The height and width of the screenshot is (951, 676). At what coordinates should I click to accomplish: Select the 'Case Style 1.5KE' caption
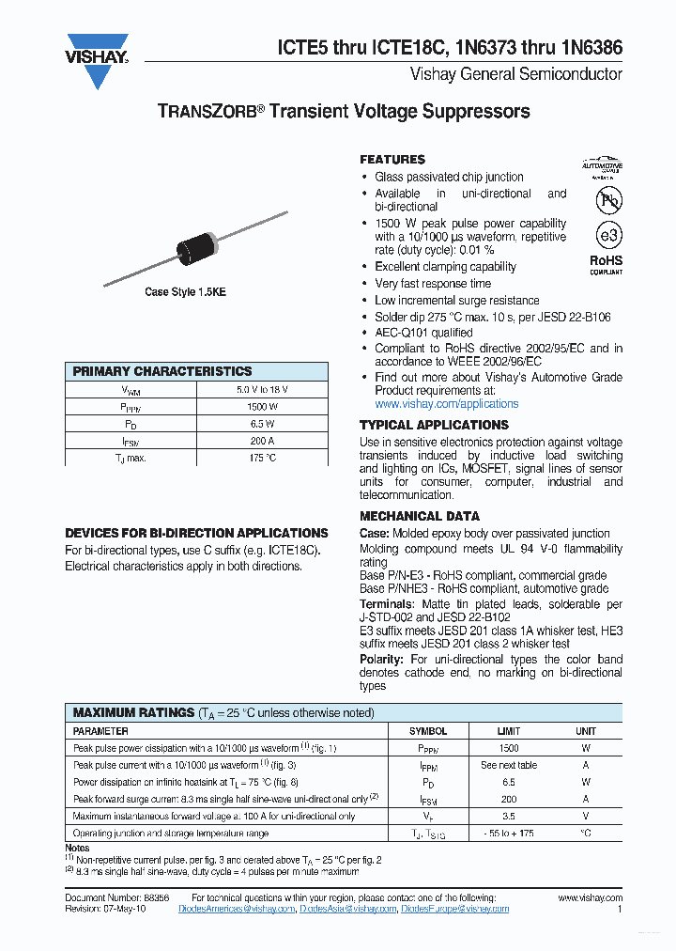[185, 292]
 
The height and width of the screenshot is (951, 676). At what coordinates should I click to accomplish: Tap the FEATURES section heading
[392, 160]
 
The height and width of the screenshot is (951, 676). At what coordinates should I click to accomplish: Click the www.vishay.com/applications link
[446, 404]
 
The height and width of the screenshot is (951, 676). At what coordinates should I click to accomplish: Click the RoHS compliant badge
[606, 264]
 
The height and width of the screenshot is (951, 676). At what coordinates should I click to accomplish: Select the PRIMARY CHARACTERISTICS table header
[162, 371]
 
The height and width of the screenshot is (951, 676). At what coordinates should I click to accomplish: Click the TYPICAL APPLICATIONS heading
[434, 425]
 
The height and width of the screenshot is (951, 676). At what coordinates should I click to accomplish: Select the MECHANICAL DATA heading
[420, 516]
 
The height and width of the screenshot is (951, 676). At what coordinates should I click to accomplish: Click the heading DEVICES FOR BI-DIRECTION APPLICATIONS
[196, 533]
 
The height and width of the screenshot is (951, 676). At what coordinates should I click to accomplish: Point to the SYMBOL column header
[428, 731]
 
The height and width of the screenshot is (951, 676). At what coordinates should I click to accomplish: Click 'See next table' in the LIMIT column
[508, 765]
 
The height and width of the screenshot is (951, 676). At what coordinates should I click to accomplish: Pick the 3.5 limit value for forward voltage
[508, 817]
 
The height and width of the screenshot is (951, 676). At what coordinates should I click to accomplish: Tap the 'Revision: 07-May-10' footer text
[106, 909]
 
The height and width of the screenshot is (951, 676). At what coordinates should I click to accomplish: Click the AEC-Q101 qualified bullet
[423, 333]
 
